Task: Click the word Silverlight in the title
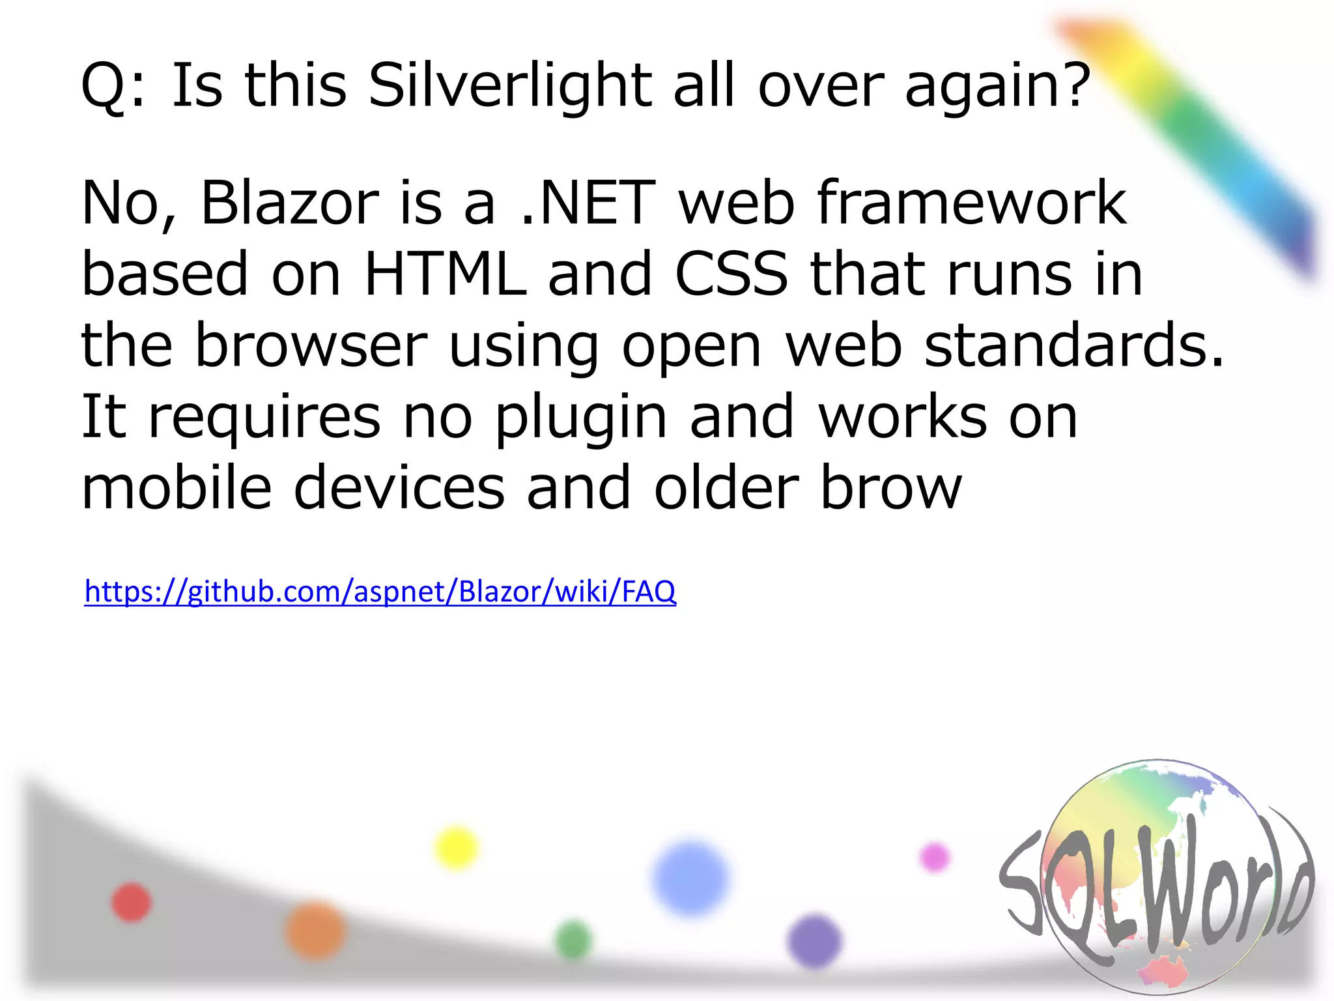pyautogui.click(x=509, y=86)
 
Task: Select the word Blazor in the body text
pyautogui.click(x=289, y=203)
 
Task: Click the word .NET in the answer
pyautogui.click(x=588, y=203)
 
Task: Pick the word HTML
pyautogui.click(x=445, y=274)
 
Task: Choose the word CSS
pyautogui.click(x=731, y=274)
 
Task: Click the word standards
pyautogui.click(x=1074, y=345)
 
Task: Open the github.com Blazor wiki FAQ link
pyautogui.click(x=380, y=592)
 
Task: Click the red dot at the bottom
pyautogui.click(x=132, y=903)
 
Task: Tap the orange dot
pyautogui.click(x=315, y=931)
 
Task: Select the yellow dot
pyautogui.click(x=456, y=848)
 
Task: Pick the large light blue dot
pyautogui.click(x=690, y=878)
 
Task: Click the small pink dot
pyautogui.click(x=935, y=856)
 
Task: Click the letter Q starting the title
pyautogui.click(x=104, y=86)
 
